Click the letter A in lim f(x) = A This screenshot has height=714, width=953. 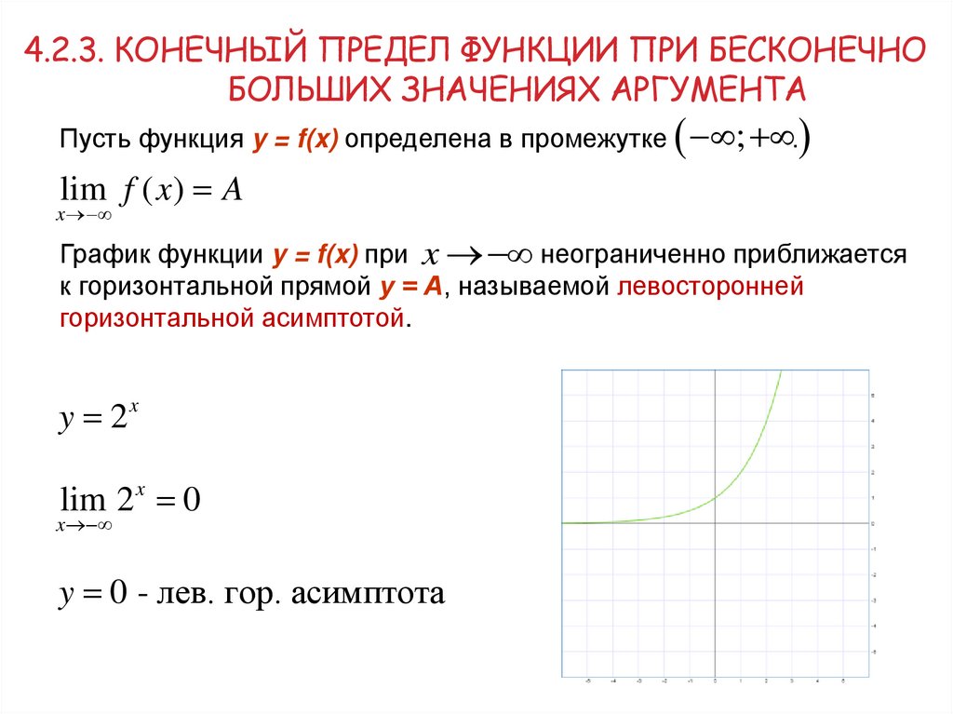pyautogui.click(x=233, y=190)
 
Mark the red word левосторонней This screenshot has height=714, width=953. pyautogui.click(x=709, y=287)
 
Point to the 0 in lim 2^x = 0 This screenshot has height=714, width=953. pyautogui.click(x=192, y=501)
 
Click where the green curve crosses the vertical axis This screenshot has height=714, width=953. pyautogui.click(x=715, y=498)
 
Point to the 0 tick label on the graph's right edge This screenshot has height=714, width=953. pyautogui.click(x=871, y=524)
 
